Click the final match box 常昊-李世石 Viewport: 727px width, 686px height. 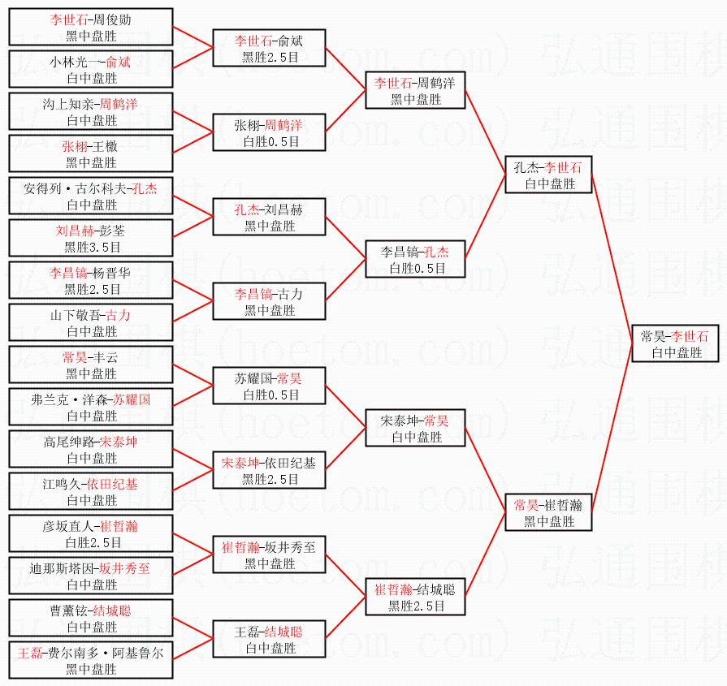click(x=674, y=343)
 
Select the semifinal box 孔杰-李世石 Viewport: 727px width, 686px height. click(x=548, y=175)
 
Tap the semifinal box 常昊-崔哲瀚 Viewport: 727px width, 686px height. click(x=548, y=513)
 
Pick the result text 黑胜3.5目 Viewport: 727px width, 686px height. click(x=92, y=247)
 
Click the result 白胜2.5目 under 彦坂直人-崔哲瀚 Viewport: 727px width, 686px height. click(x=92, y=542)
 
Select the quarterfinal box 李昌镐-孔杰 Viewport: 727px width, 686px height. click(x=414, y=260)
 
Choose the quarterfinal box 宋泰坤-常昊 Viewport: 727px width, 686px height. click(x=414, y=429)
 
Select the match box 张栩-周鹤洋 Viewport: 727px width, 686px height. click(x=269, y=133)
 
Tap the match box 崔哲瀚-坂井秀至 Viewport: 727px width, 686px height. click(x=269, y=555)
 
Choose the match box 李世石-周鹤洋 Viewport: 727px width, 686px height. click(x=414, y=91)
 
